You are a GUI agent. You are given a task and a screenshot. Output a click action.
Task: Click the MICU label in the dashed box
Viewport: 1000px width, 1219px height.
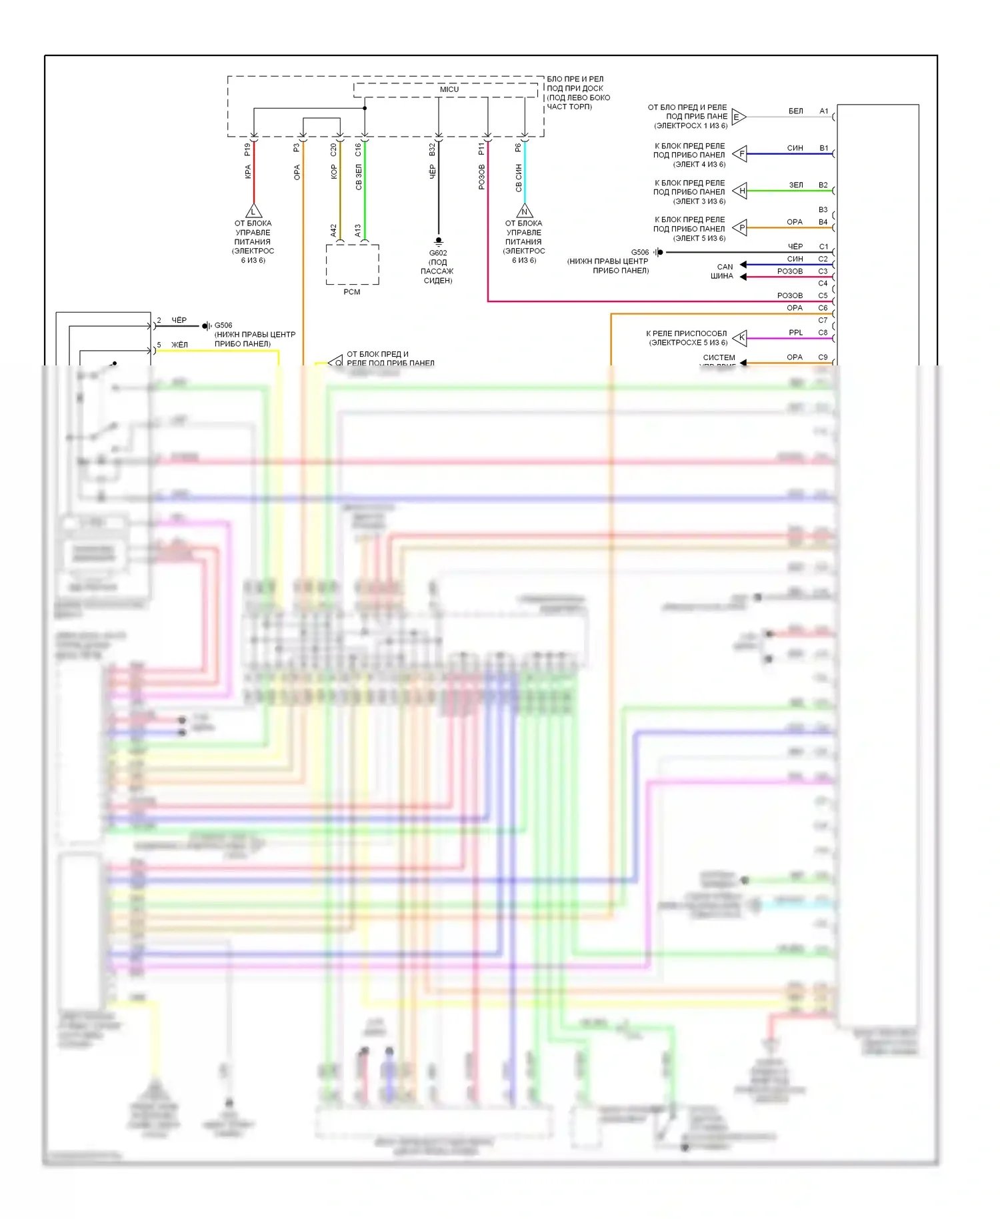pos(449,89)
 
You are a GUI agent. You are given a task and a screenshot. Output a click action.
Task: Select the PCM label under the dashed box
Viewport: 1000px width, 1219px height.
pos(352,292)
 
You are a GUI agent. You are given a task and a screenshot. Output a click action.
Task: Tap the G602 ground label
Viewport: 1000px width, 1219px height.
pos(438,253)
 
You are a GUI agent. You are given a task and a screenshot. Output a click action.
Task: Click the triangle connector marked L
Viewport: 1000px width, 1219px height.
pos(253,211)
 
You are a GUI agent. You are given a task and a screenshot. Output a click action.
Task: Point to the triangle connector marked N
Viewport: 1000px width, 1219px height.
pos(525,211)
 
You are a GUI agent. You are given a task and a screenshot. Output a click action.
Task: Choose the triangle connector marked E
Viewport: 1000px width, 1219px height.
pos(738,117)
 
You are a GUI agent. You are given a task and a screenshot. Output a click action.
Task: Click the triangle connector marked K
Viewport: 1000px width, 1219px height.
pos(741,337)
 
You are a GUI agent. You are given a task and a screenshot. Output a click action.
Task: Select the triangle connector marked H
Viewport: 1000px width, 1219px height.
pos(741,191)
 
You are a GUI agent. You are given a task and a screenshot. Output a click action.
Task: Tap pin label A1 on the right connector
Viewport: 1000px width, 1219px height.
pos(824,111)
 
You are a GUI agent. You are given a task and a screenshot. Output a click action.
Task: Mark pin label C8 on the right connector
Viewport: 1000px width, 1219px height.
pos(823,333)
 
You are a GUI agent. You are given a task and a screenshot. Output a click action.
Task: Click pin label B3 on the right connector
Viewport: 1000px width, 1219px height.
pos(823,210)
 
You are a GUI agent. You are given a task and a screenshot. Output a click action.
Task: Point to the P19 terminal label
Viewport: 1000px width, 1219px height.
pos(247,149)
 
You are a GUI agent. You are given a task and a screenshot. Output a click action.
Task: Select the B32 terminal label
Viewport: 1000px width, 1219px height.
pos(432,149)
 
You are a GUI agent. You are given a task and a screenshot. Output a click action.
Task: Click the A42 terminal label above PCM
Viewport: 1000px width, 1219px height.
pos(334,231)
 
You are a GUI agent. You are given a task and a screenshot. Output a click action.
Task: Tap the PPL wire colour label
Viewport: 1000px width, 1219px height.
pos(795,333)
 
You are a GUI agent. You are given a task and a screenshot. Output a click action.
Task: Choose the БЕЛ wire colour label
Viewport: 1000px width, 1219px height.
pos(795,111)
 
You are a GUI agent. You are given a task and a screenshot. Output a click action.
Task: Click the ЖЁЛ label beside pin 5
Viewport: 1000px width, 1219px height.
pos(179,345)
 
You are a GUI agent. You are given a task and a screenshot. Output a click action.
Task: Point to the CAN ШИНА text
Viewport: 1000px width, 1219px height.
pos(723,271)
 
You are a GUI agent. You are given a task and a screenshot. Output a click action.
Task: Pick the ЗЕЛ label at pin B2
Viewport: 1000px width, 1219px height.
pos(796,185)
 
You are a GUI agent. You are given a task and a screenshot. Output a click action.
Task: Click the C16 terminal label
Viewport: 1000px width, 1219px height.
pos(359,149)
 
